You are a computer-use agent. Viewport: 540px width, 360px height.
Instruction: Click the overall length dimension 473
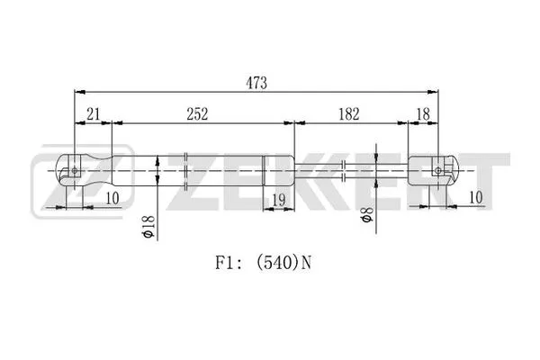pos(256,82)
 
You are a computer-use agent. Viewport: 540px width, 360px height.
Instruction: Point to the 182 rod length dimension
pos(348,114)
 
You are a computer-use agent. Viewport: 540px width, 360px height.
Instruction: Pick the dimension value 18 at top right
pos(423,114)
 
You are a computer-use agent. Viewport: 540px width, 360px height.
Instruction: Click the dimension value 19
pos(278,201)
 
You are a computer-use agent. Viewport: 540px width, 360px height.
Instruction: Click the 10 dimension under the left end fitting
pos(112,198)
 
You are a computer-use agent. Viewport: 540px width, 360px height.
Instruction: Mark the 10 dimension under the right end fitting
pos(475,197)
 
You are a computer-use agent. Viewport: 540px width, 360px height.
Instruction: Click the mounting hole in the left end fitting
pos(76,169)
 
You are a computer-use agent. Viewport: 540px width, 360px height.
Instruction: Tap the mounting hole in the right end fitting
pos(438,169)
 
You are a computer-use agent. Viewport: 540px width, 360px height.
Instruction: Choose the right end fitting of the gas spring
pos(431,169)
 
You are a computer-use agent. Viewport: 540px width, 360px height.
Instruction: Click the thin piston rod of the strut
pos(351,169)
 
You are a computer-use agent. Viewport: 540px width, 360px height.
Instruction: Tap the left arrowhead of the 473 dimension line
pos(77,91)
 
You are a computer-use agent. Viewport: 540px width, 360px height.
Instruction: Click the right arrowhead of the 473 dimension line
pos(434,91)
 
